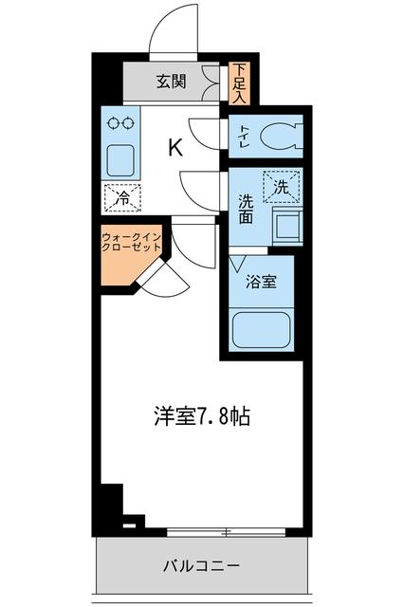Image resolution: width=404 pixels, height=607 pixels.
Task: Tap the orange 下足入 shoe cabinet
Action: (x=239, y=83)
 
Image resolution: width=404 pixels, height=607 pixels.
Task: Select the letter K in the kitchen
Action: (x=175, y=147)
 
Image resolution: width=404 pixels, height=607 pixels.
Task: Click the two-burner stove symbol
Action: (x=121, y=123)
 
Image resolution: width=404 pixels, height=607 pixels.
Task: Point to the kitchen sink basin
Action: (x=122, y=159)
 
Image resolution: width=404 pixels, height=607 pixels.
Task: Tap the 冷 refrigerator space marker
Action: (x=122, y=197)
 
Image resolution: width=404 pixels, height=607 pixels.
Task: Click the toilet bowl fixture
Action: (x=278, y=137)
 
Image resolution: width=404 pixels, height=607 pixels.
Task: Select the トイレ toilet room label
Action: (x=244, y=137)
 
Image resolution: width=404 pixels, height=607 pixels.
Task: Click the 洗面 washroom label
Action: (x=245, y=208)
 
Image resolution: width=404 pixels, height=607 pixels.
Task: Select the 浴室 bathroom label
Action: (x=261, y=283)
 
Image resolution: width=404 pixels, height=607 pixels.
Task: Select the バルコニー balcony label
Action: (x=202, y=566)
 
